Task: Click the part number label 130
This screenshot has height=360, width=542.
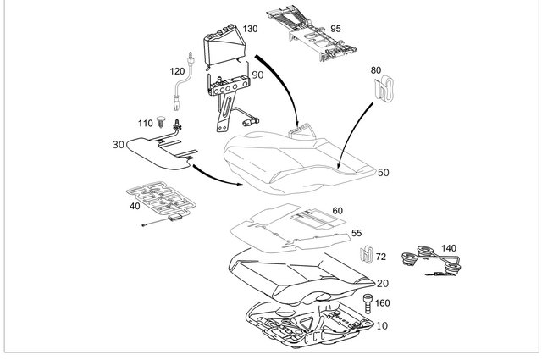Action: click(x=250, y=29)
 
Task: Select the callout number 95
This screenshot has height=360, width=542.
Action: click(x=335, y=29)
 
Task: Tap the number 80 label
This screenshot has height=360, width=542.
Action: click(x=376, y=70)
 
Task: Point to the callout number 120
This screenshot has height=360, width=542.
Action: click(x=177, y=71)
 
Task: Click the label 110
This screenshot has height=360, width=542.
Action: click(x=144, y=123)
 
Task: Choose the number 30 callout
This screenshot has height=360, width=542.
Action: click(x=118, y=145)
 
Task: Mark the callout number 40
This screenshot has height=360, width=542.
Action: click(x=135, y=206)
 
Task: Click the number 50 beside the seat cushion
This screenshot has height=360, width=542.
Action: click(x=383, y=173)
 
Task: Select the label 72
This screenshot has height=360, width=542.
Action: click(x=380, y=255)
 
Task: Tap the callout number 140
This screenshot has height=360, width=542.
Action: click(x=448, y=248)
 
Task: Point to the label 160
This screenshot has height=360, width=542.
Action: click(x=382, y=302)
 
